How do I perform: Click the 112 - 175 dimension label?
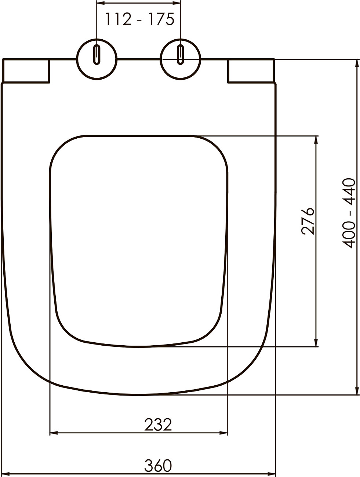point(139,19)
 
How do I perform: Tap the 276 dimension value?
point(308,221)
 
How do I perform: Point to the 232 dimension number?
point(158,425)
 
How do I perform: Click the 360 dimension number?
point(158,466)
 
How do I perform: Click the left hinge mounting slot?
point(97,55)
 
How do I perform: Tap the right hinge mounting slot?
point(180,55)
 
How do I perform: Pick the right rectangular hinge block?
point(251,71)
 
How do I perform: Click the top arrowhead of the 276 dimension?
point(316,139)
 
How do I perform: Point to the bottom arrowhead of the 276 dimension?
point(316,343)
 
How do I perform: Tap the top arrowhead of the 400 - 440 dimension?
point(357,62)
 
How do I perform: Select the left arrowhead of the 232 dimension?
point(53,433)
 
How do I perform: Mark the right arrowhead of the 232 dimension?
point(225,433)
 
